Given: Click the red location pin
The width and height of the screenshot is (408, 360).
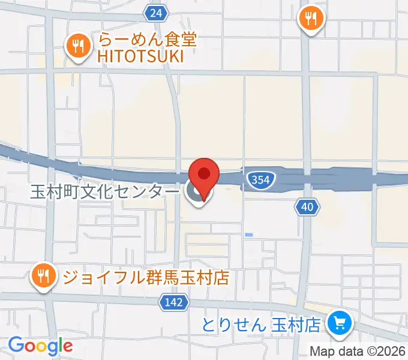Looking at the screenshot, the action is (205, 176).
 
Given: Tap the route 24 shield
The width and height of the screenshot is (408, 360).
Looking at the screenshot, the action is (156, 13).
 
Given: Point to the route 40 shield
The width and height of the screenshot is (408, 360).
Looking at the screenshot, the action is (307, 208).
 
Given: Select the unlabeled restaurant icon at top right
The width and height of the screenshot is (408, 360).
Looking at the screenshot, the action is (311, 19).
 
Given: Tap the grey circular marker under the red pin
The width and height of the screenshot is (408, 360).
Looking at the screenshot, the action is (195, 193).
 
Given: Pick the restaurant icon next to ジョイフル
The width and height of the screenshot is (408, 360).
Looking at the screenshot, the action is (43, 276).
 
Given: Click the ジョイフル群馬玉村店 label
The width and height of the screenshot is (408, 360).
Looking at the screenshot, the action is (146, 277).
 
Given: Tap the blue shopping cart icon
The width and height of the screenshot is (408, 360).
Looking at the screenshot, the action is (339, 325).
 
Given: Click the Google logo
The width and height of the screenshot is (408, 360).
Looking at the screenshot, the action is (40, 346).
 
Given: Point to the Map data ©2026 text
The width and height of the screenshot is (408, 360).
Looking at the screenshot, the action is (358, 351).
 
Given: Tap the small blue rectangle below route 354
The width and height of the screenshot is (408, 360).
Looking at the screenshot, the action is (248, 234).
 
